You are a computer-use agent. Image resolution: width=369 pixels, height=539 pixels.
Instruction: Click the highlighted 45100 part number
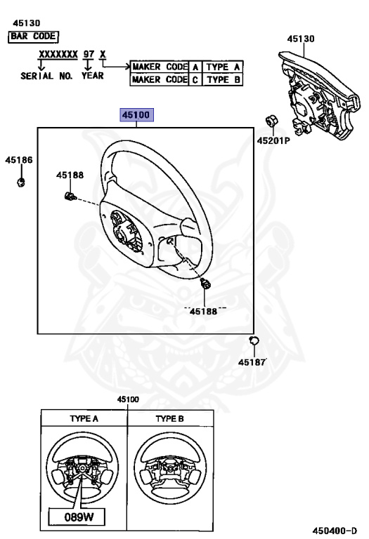tap(136, 114)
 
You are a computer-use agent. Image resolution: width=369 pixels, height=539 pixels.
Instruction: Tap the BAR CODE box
tap(33, 36)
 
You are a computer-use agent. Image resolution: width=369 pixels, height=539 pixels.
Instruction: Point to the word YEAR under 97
tap(93, 75)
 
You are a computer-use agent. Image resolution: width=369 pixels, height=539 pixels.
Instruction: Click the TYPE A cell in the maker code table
tap(224, 67)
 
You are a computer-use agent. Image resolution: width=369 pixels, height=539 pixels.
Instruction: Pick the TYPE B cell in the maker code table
tap(224, 79)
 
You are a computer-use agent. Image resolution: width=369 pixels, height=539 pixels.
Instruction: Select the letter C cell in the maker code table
tap(195, 79)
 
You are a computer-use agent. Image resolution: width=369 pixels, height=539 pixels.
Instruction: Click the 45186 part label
tap(19, 160)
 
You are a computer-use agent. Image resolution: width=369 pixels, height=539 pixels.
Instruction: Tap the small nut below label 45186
tap(21, 183)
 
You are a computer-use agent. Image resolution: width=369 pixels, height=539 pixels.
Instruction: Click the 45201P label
tap(273, 140)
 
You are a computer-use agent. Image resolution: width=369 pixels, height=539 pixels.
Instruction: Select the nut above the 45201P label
tap(270, 122)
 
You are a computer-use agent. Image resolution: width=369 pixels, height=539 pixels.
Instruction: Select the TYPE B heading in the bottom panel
tap(169, 418)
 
